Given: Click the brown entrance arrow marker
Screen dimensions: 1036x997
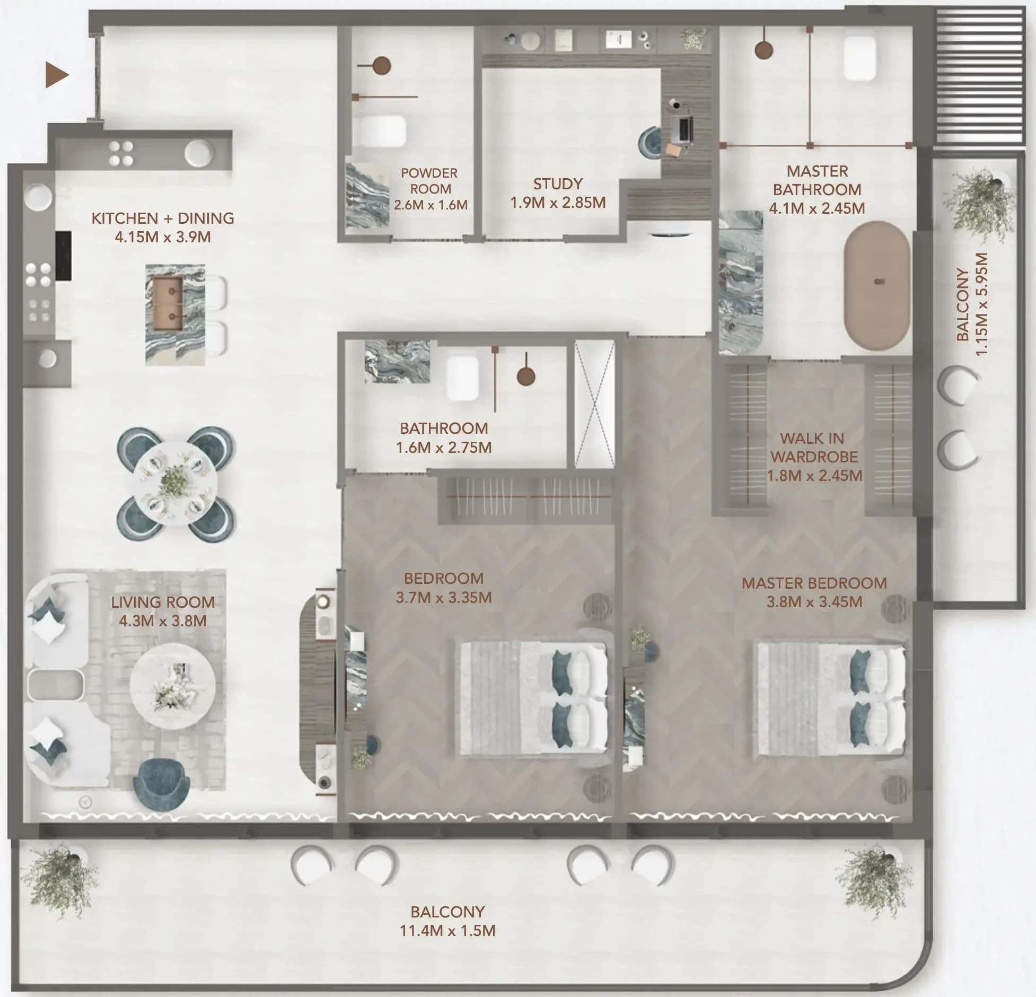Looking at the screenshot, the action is tap(57, 74).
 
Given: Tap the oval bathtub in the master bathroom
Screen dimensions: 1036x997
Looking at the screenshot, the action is tap(877, 285).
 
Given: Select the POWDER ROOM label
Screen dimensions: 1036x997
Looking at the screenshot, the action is tap(429, 181).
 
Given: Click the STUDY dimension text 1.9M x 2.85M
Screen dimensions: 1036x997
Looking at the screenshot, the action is tap(558, 203).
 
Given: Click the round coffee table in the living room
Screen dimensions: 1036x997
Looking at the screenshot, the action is tap(173, 686).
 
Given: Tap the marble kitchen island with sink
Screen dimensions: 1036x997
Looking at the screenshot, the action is tap(175, 314).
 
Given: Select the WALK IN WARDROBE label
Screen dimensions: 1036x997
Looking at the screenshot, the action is tap(814, 448).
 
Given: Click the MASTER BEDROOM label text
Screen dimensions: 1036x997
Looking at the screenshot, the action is tap(814, 583).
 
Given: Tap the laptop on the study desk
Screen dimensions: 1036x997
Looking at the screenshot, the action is tap(682, 129).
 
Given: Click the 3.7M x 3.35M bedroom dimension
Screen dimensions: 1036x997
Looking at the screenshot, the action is tap(444, 597).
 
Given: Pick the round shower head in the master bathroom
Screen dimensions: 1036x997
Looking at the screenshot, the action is tap(763, 50).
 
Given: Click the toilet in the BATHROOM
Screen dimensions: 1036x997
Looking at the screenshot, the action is tap(462, 378).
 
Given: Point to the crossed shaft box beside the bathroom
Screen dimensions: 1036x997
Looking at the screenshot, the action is tap(595, 404).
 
